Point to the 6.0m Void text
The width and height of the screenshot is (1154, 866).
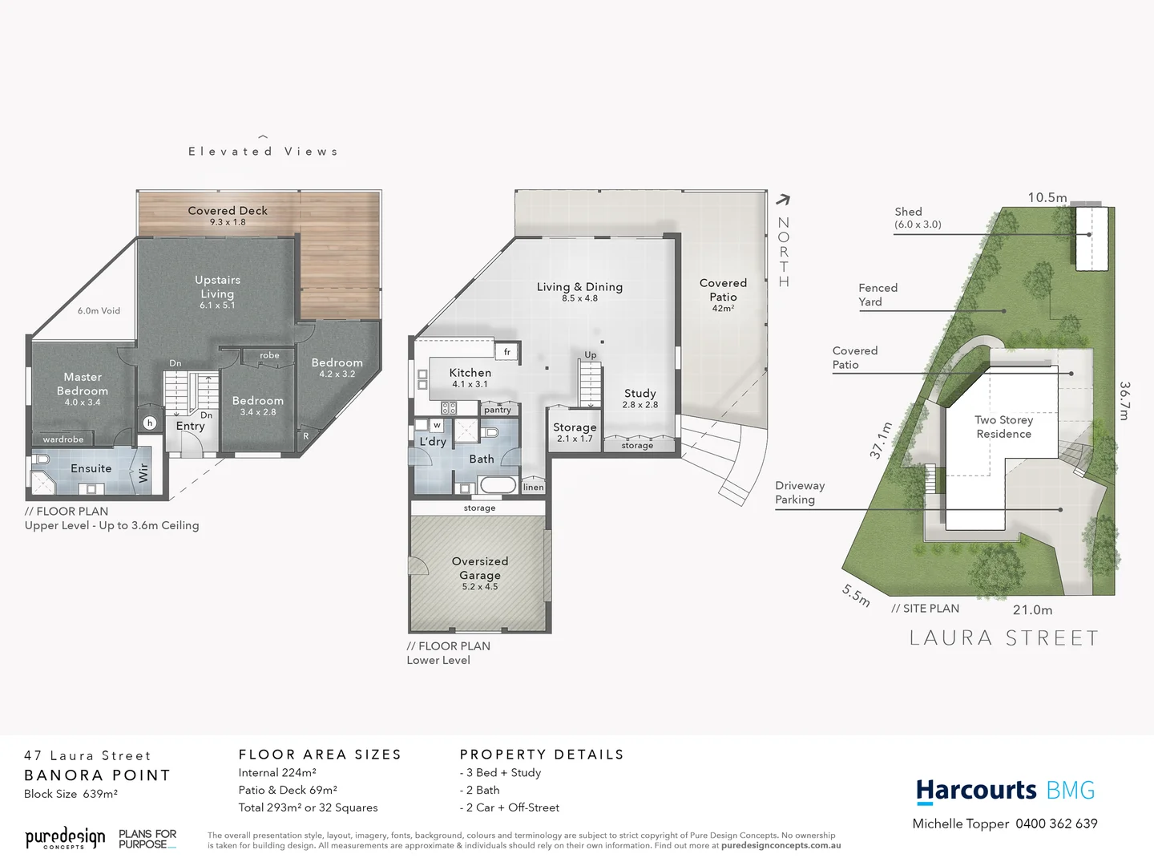[99, 311]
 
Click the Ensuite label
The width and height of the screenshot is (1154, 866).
[91, 468]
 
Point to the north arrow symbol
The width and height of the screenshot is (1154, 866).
[783, 200]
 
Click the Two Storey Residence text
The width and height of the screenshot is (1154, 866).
[1004, 427]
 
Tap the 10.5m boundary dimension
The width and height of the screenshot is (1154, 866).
[1047, 197]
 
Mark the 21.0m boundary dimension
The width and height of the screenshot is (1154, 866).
[1032, 610]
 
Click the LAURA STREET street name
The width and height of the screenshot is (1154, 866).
[1004, 638]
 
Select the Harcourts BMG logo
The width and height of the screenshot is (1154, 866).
[1005, 791]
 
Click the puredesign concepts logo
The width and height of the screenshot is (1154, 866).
[65, 839]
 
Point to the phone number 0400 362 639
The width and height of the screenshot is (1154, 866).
[1056, 824]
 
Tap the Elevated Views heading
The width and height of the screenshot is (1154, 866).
[263, 151]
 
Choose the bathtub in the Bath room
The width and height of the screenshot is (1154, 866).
[498, 484]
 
